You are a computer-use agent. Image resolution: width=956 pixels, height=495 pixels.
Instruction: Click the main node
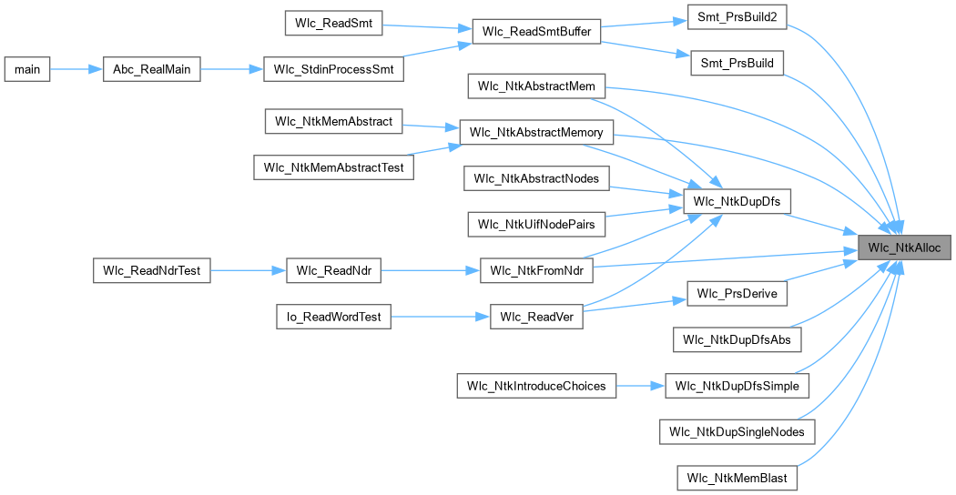[27, 69]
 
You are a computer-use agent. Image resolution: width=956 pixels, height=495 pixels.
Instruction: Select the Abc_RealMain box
[152, 69]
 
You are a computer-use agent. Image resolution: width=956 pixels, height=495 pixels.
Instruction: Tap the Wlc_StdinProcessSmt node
[332, 69]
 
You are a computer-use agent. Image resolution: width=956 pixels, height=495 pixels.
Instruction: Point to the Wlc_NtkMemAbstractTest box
[332, 167]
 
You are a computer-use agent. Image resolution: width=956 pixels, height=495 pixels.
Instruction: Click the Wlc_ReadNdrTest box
[152, 270]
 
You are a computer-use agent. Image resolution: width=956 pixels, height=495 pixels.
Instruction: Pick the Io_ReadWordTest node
[334, 317]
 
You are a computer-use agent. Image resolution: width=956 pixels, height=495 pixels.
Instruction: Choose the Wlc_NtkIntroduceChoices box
[536, 386]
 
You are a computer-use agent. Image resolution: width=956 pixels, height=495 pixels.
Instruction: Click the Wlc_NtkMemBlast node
[737, 478]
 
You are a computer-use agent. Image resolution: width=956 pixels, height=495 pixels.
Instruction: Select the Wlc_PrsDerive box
[737, 294]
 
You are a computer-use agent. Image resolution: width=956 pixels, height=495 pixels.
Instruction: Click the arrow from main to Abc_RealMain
[76, 69]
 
